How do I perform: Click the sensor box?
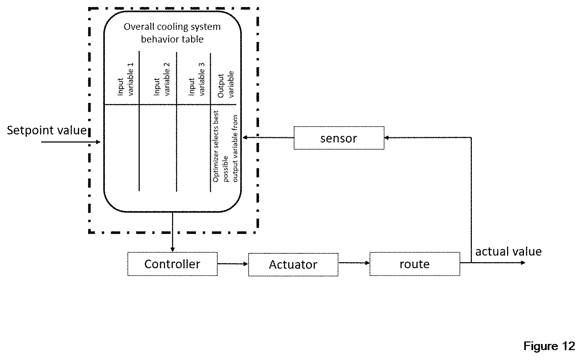click(339, 138)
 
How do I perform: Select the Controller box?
click(172, 264)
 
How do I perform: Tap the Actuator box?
click(293, 264)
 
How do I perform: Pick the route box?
click(415, 264)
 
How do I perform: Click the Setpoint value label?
click(47, 130)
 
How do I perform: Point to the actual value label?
click(508, 252)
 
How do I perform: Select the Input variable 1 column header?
click(126, 79)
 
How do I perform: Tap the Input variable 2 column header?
click(162, 79)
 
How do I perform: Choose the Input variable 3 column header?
click(197, 79)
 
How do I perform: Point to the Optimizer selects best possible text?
click(221, 146)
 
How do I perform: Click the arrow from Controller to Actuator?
click(233, 264)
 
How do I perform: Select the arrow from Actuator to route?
click(354, 263)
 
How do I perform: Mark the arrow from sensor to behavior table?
click(268, 138)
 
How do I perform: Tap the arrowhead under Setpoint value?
click(98, 142)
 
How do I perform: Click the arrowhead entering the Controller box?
click(172, 250)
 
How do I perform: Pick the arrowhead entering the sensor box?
click(387, 138)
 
